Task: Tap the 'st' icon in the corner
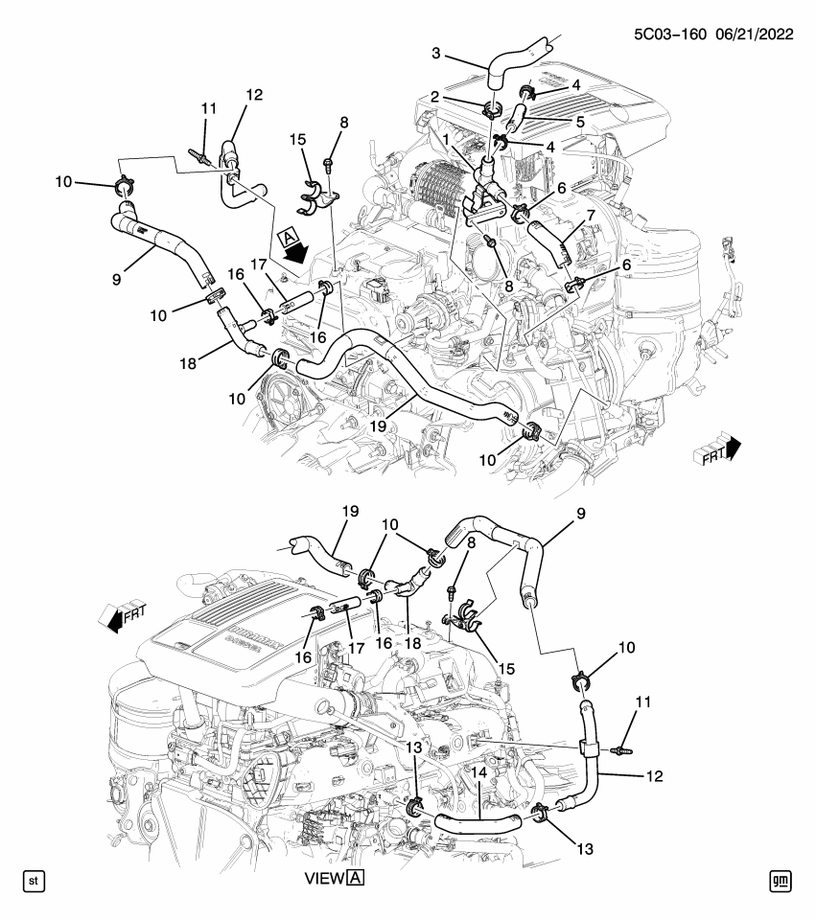[x=33, y=878]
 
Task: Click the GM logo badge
[x=780, y=878]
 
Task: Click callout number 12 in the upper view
[x=253, y=94]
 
